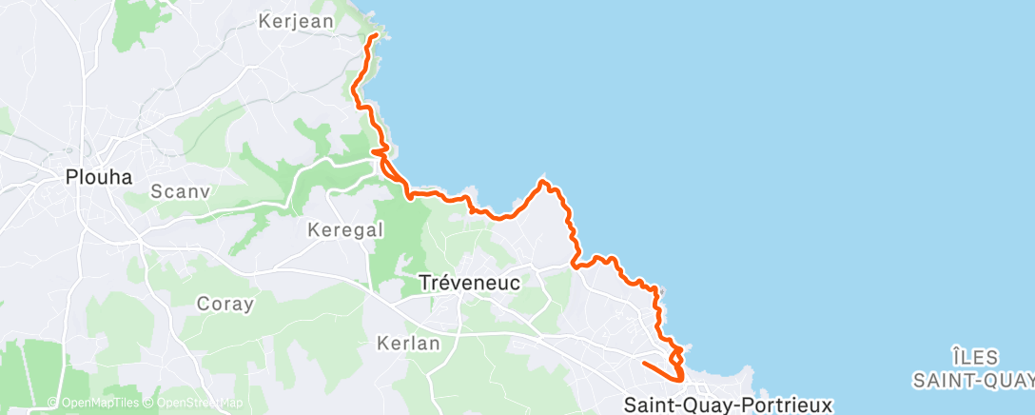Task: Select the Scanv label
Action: point(180,191)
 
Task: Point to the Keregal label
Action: point(345,229)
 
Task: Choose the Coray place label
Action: point(225,305)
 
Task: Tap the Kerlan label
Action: point(408,343)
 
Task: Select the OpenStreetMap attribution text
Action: point(200,404)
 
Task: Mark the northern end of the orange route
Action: point(375,35)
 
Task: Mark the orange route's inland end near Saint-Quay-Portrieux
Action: point(643,363)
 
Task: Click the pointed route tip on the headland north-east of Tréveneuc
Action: point(542,179)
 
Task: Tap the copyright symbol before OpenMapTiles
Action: point(53,404)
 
